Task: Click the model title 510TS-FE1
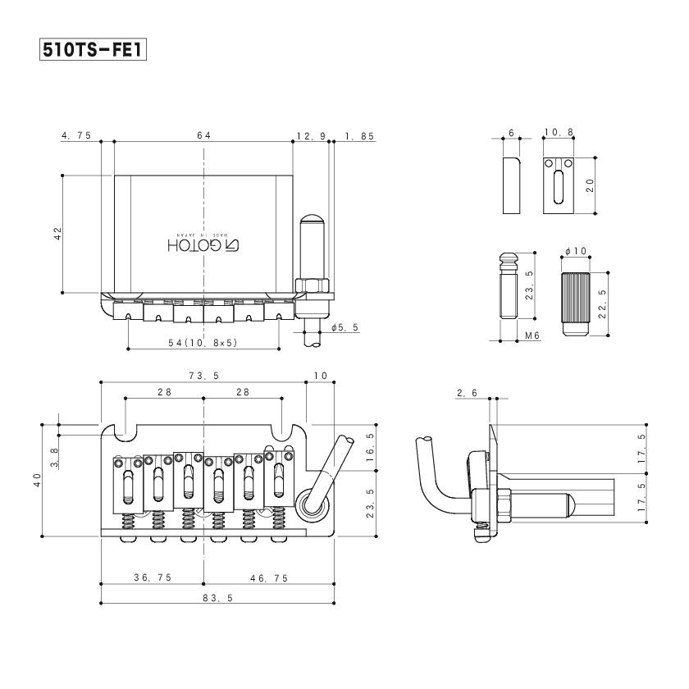[93, 50]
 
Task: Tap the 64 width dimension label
[204, 135]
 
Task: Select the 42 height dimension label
[58, 233]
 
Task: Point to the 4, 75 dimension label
[76, 135]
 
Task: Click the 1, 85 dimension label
[359, 136]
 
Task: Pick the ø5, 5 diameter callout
[345, 327]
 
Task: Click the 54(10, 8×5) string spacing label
[203, 343]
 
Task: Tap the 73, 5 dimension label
[204, 376]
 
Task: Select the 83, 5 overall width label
[218, 598]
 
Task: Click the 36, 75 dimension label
[153, 577]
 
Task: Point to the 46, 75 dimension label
[269, 578]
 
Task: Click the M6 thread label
[532, 335]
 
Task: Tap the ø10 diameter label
[576, 251]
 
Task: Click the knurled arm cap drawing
[576, 304]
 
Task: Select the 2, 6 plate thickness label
[467, 393]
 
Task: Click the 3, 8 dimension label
[54, 458]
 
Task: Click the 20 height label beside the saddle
[590, 185]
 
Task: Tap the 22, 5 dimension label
[602, 303]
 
